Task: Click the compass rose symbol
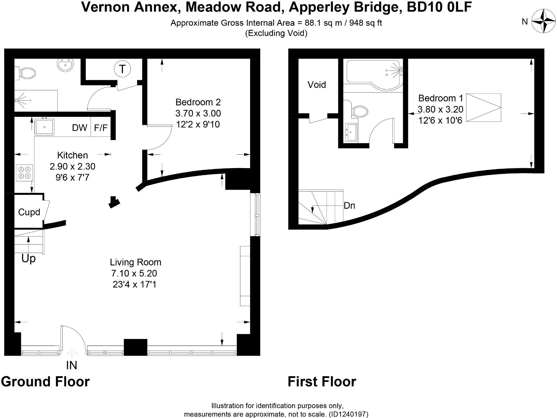coord(543,21)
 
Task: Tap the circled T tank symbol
coord(122,69)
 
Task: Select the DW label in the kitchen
coord(79,128)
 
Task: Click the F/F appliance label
coord(101,128)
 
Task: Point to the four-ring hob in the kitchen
coord(25,173)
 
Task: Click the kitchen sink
coord(44,127)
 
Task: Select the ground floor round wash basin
coord(65,65)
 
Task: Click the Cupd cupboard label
coord(29,212)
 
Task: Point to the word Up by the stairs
coord(28,259)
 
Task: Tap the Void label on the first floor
coord(316,85)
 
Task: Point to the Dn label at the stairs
coord(349,206)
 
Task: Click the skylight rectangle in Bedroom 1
coord(483,108)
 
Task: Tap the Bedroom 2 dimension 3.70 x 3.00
coord(198,113)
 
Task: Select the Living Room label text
coord(135,262)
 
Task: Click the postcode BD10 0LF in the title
coord(439,7)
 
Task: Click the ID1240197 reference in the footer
coord(348,414)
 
